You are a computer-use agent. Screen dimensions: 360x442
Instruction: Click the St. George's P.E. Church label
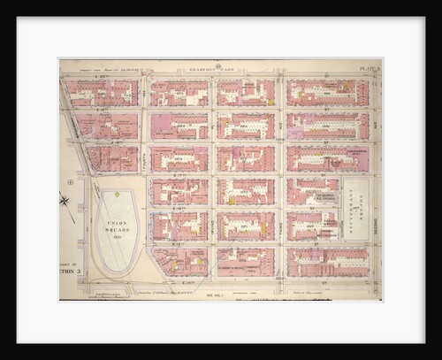coord(319,196)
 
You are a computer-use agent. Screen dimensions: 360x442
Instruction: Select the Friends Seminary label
coord(357,153)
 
